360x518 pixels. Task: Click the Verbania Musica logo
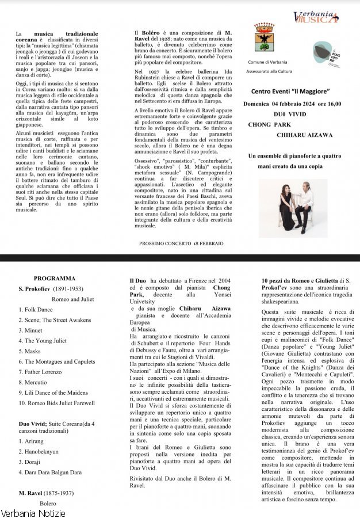(316, 18)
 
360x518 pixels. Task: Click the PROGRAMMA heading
(59, 277)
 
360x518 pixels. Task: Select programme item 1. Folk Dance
(35, 310)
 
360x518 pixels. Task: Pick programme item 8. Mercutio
(35, 382)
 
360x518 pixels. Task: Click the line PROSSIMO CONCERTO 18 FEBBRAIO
(181, 243)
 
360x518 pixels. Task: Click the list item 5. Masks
(32, 351)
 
